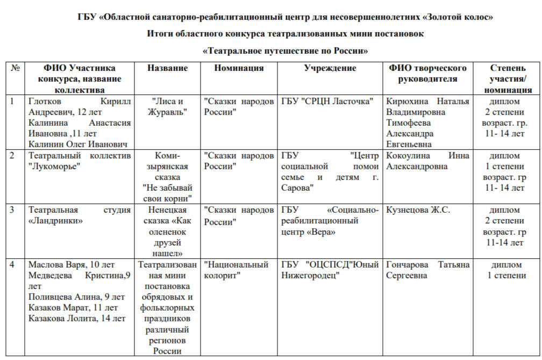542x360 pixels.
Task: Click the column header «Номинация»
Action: tap(239, 68)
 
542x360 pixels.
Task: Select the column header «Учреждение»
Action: tap(330, 68)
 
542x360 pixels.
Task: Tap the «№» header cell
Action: tap(16, 68)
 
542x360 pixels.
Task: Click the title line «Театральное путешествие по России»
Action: tap(285, 51)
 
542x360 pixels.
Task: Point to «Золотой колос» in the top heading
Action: tap(458, 18)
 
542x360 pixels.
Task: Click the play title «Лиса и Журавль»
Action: tap(168, 107)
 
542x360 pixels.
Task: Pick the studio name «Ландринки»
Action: tap(55, 221)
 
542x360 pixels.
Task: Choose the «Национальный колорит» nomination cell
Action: tap(236, 270)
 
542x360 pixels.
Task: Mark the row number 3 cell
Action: tap(13, 210)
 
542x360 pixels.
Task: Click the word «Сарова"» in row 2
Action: tap(297, 188)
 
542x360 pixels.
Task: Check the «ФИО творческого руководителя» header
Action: tap(427, 74)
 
